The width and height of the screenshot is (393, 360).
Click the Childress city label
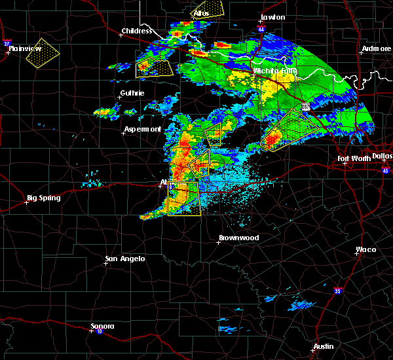(x=136, y=31)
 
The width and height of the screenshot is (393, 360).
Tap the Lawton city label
(x=273, y=17)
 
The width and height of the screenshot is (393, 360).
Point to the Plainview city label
(x=29, y=48)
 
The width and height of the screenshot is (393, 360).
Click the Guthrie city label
(x=132, y=93)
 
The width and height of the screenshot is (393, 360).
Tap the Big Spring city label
(x=43, y=198)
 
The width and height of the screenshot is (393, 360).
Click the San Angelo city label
(x=124, y=259)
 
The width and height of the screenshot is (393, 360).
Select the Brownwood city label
(x=238, y=238)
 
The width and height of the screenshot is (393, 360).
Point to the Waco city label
(x=365, y=249)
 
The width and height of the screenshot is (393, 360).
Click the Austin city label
(x=323, y=346)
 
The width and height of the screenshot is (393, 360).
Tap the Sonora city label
(x=102, y=326)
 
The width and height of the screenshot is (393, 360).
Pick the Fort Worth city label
(x=354, y=158)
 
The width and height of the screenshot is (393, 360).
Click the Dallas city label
(x=382, y=156)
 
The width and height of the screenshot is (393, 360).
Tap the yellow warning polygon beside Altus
(x=208, y=9)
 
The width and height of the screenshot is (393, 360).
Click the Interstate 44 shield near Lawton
(x=262, y=29)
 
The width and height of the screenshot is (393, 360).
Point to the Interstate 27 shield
(x=7, y=44)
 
